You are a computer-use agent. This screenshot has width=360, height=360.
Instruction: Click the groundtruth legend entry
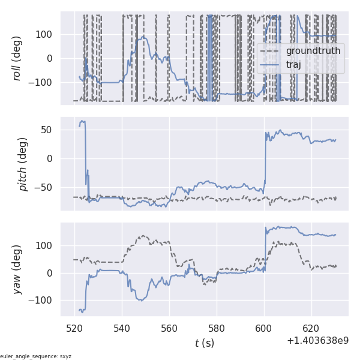coord(313,51)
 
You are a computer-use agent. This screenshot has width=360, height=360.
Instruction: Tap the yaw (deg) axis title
coord(18,269)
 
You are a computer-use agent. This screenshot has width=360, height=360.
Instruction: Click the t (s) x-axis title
coord(204,343)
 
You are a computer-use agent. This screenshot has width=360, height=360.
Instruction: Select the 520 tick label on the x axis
coord(75,329)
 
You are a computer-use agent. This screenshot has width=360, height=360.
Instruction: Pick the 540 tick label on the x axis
coord(122,329)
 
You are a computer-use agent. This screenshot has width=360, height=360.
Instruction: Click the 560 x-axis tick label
coord(169,329)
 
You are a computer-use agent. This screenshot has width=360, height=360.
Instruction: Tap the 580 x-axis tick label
coord(217,329)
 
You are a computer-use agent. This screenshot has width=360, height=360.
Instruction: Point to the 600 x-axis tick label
coord(264,329)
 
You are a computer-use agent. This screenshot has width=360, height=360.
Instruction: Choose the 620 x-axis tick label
coord(311,329)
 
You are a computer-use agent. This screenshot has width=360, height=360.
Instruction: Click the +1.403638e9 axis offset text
coord(317,341)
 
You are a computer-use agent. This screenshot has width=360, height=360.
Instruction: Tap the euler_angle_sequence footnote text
coord(36,356)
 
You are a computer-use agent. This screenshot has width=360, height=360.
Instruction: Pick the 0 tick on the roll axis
coord(50,58)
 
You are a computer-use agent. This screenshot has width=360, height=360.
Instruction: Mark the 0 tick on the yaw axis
coord(50,273)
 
